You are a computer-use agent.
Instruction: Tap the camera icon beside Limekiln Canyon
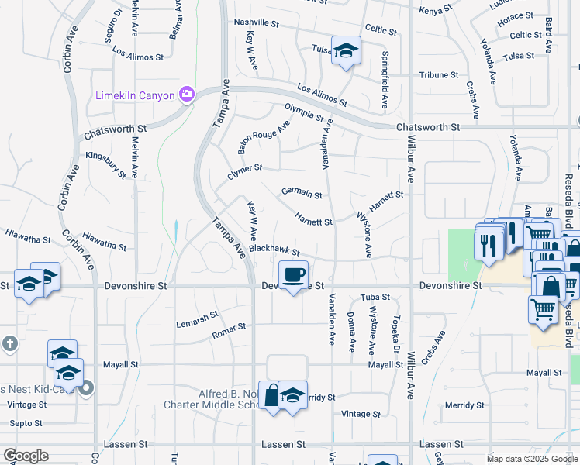[x=186, y=95]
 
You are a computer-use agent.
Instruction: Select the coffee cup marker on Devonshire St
[x=294, y=277]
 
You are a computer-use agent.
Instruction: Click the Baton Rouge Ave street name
[x=264, y=136]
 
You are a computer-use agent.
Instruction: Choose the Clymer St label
[x=245, y=171]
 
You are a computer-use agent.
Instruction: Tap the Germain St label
[x=301, y=192]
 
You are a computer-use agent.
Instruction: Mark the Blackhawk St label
[x=274, y=250]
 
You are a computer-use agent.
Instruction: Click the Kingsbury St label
[x=105, y=165]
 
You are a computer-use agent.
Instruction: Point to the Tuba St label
[x=375, y=298]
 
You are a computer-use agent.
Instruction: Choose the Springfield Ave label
[x=385, y=80]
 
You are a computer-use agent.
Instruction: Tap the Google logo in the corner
[x=26, y=456]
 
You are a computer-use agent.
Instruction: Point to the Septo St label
[x=26, y=423]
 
